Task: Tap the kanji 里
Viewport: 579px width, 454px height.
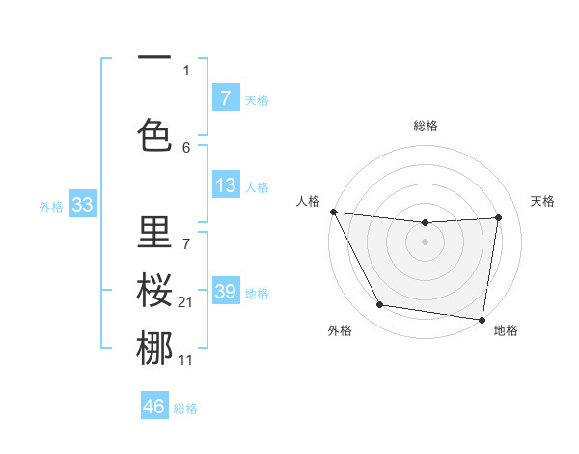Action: (154, 233)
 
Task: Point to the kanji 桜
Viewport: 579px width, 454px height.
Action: (154, 291)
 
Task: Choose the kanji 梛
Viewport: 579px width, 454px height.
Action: (154, 349)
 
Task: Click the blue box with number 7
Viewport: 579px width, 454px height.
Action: (225, 99)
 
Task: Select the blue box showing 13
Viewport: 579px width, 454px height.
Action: (225, 185)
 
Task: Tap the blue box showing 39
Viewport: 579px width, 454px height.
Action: (225, 292)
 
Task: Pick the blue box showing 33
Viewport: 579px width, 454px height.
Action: (82, 205)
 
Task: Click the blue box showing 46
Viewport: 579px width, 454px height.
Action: (154, 406)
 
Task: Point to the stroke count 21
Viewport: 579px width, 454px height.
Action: (186, 302)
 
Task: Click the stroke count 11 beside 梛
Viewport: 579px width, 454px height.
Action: (186, 360)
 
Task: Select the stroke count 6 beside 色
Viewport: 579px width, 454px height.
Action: (186, 147)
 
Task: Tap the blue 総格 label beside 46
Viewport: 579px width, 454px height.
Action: (185, 409)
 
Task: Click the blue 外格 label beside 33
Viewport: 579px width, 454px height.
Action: (51, 207)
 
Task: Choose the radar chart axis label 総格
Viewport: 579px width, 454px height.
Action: (426, 126)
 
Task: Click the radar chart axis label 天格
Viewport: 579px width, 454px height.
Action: (542, 201)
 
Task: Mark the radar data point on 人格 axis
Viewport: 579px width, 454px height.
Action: (334, 212)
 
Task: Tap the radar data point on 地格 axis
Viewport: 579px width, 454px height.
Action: (482, 319)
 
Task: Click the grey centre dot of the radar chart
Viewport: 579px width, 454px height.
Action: (426, 241)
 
